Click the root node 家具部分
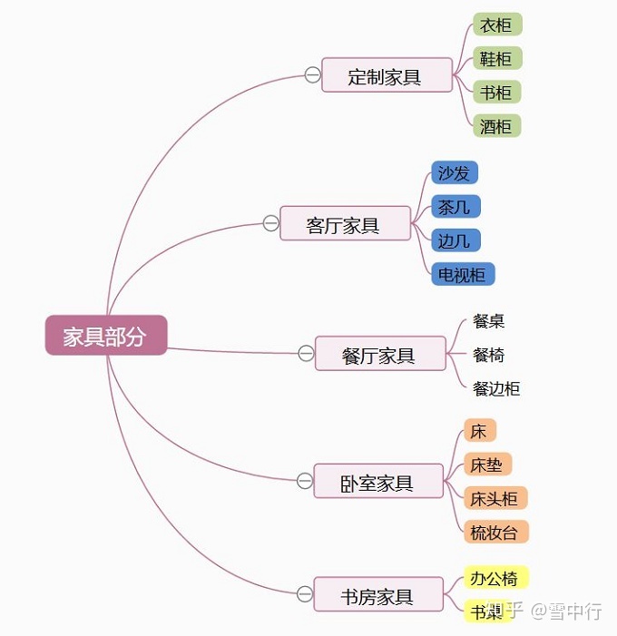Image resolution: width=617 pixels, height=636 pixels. (x=105, y=336)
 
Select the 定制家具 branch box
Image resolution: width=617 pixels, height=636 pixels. (x=386, y=76)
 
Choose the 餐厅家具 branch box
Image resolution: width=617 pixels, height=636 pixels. (x=379, y=354)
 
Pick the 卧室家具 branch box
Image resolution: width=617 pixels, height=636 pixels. (x=377, y=482)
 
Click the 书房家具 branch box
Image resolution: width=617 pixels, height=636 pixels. (x=377, y=595)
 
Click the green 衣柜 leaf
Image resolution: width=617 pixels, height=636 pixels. (x=496, y=25)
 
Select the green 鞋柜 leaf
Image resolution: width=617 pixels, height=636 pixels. (x=496, y=59)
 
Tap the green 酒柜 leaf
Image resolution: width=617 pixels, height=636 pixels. (x=496, y=126)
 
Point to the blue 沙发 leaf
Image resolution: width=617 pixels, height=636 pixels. (x=454, y=172)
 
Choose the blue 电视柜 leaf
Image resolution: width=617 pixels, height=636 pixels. (x=462, y=274)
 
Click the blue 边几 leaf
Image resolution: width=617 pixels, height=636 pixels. (x=455, y=240)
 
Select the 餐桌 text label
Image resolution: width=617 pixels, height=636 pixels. (x=489, y=321)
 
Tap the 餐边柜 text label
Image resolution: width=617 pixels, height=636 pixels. (x=496, y=388)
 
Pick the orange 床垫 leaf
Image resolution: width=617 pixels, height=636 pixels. (x=487, y=465)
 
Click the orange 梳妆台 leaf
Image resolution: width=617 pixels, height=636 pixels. (x=495, y=532)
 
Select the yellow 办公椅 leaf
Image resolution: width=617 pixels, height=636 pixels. (x=495, y=578)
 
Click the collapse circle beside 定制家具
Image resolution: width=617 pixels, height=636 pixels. (x=312, y=75)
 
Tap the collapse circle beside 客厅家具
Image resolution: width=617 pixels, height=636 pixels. (x=270, y=223)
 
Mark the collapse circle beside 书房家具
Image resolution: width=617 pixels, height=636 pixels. (x=305, y=594)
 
